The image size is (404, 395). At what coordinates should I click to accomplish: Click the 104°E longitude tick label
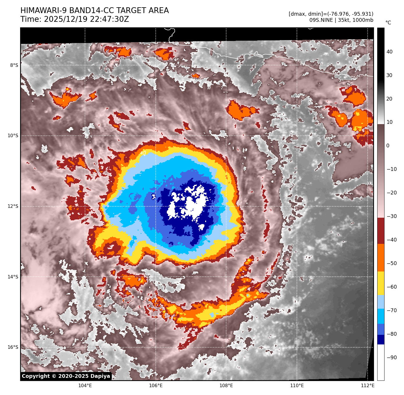click(85, 386)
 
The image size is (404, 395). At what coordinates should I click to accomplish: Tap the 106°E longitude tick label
click(156, 386)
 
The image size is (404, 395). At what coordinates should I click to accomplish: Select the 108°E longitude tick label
click(226, 386)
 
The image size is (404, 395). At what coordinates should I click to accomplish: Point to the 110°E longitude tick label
click(297, 386)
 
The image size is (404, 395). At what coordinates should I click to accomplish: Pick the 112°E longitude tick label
click(367, 386)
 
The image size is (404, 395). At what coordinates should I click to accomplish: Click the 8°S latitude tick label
click(14, 65)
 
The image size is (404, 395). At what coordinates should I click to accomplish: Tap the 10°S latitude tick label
click(13, 136)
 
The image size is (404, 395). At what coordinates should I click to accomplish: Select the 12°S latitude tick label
click(13, 206)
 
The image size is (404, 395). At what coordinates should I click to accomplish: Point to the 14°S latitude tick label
click(13, 277)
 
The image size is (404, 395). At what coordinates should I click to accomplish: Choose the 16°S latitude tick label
click(13, 347)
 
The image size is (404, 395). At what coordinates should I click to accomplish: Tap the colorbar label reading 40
click(389, 52)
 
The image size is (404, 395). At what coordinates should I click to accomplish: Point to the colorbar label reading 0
click(388, 146)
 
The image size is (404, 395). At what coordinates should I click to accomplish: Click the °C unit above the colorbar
click(388, 23)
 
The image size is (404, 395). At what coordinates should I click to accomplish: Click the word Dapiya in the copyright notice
click(100, 376)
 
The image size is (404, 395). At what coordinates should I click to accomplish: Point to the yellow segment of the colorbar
click(381, 283)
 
